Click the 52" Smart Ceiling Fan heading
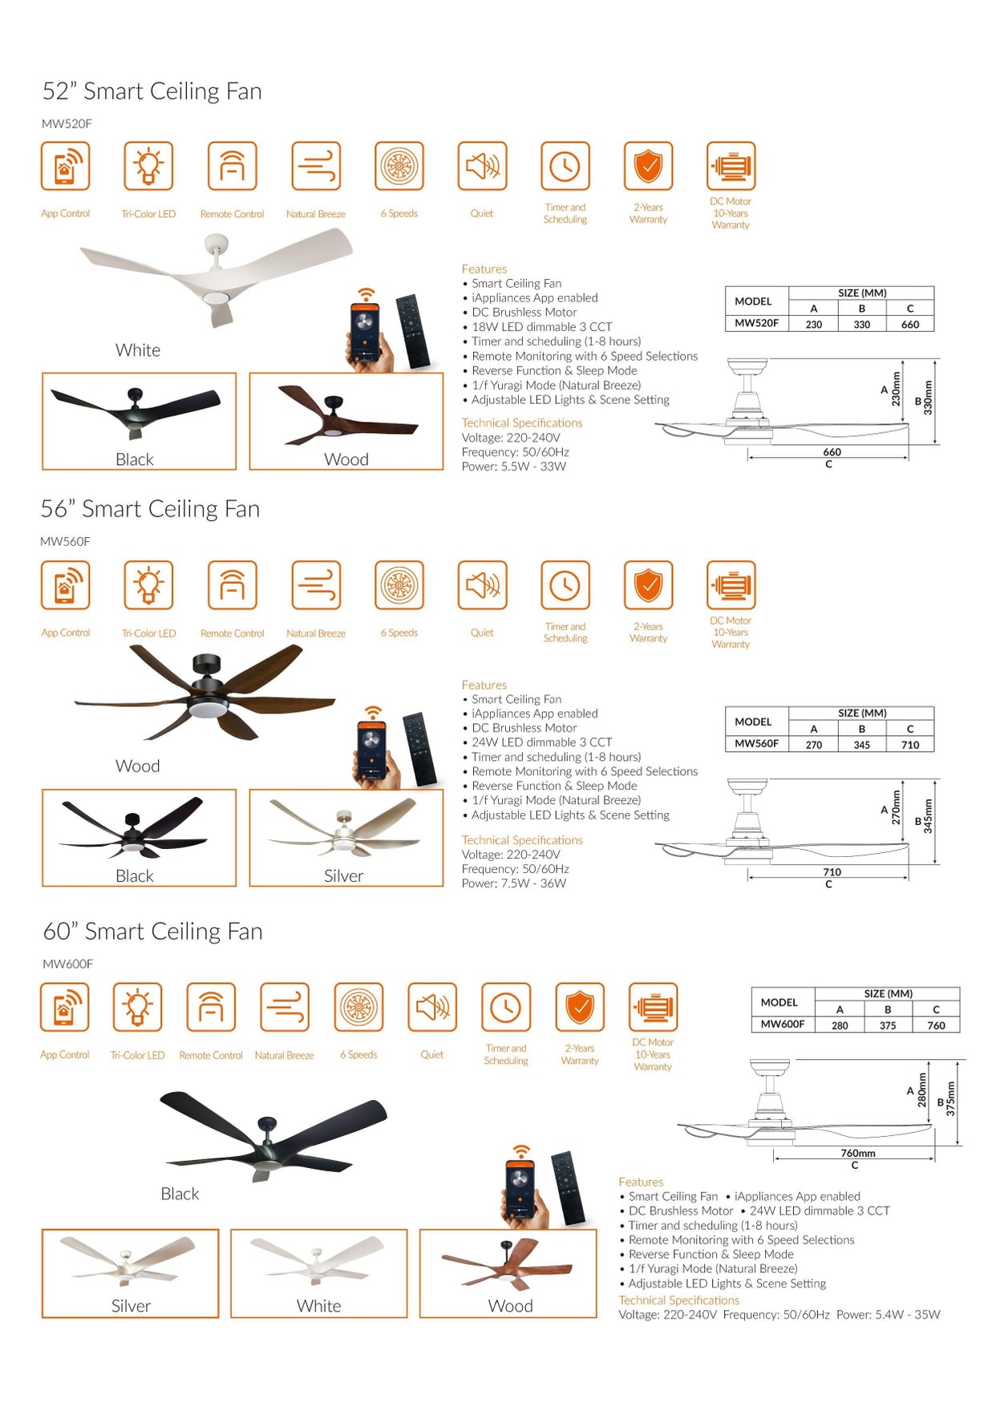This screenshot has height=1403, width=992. point(152,91)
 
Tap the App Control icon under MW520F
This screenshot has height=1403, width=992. point(65,166)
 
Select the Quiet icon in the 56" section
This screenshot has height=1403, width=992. point(482,585)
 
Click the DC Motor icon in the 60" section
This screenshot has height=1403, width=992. point(653,1007)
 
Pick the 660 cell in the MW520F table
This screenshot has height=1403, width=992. point(909,325)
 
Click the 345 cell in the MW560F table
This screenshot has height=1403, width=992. point(861,745)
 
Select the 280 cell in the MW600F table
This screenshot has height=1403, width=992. point(839,1025)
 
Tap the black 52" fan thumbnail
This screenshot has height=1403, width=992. point(139,421)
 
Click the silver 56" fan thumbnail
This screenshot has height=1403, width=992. point(346,837)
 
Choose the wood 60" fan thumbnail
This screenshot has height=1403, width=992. point(508,1272)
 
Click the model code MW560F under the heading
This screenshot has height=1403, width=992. point(65,542)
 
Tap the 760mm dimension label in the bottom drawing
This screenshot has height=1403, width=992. point(857,1153)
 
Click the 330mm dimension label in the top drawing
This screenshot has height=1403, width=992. point(928,398)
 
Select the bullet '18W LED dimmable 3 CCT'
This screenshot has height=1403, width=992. point(541,327)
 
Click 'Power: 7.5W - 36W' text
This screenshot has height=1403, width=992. point(513,883)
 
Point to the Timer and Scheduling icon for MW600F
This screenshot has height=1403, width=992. point(505,1007)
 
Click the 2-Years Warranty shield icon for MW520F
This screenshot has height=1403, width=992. point(648,166)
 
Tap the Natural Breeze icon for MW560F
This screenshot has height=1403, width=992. point(316,585)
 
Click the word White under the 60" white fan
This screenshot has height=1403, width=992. point(318,1306)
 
